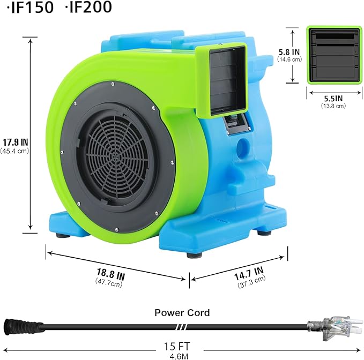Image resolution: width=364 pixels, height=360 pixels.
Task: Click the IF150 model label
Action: pyautogui.click(x=29, y=9)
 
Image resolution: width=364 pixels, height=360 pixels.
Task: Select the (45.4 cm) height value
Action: pyautogui.click(x=14, y=151)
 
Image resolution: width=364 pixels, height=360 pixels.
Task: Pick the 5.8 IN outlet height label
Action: pyautogui.click(x=289, y=52)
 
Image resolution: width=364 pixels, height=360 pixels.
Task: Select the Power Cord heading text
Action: pyautogui.click(x=182, y=312)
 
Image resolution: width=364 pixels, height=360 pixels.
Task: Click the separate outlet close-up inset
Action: pyautogui.click(x=333, y=55)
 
